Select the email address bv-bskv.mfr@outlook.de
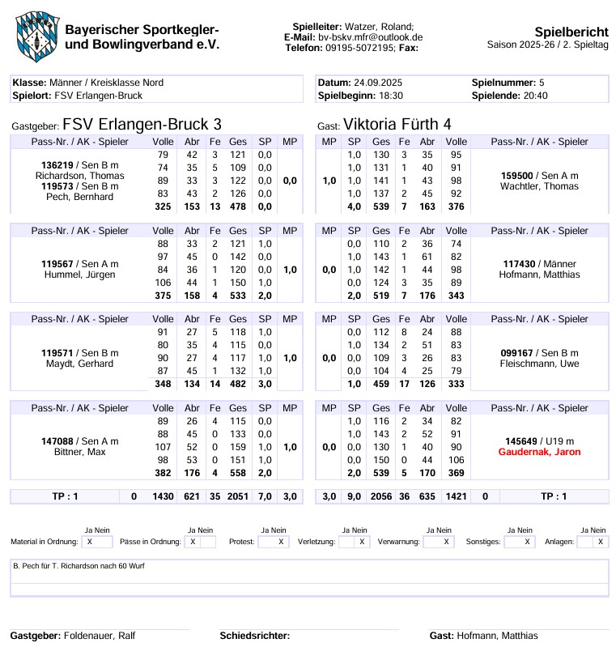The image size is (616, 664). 370,37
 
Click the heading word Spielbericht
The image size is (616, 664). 571,32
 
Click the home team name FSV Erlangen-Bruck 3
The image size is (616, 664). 142,124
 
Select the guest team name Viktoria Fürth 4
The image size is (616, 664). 397,124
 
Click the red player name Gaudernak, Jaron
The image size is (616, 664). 540,452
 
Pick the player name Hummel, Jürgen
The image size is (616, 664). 79,275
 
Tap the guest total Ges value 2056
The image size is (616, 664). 380,496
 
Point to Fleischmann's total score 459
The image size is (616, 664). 380,383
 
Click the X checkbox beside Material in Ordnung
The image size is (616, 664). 89,542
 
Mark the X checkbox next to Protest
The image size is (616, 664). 281,542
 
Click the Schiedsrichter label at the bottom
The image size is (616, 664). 255,636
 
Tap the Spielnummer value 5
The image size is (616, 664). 542,83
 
